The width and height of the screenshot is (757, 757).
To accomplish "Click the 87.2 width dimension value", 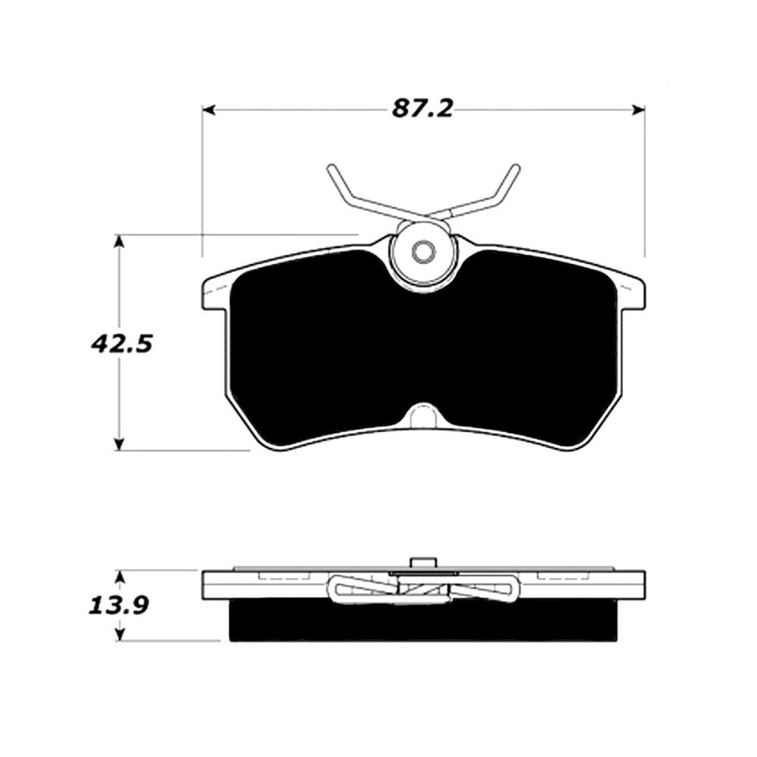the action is point(422,108).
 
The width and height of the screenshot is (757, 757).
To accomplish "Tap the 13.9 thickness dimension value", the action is point(119,605).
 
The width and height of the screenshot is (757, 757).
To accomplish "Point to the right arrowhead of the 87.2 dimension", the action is point(638,111).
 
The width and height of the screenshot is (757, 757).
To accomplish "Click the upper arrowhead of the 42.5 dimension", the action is point(119,242).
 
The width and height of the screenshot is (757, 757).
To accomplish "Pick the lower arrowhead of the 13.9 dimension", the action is point(120,634).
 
